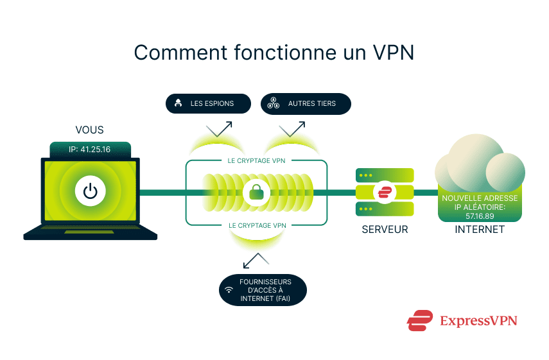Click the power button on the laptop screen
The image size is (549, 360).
pos(91,191)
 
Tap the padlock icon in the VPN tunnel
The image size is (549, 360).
pos(257,192)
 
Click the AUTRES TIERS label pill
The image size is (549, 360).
pos(306,103)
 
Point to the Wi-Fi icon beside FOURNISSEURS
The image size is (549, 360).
pos(229,290)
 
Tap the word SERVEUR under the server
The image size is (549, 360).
pos(385,229)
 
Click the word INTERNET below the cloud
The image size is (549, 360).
pos(479,229)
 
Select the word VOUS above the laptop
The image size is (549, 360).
pos(89,130)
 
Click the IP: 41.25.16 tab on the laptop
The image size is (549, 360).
pos(90,150)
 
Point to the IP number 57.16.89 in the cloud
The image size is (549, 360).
pos(479,216)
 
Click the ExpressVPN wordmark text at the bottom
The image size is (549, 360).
pos(478,320)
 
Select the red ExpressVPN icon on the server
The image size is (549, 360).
pos(385,192)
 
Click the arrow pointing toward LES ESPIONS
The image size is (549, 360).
pos(220,128)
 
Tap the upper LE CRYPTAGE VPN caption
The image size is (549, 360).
pos(257,160)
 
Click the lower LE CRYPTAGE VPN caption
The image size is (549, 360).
pos(257,225)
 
